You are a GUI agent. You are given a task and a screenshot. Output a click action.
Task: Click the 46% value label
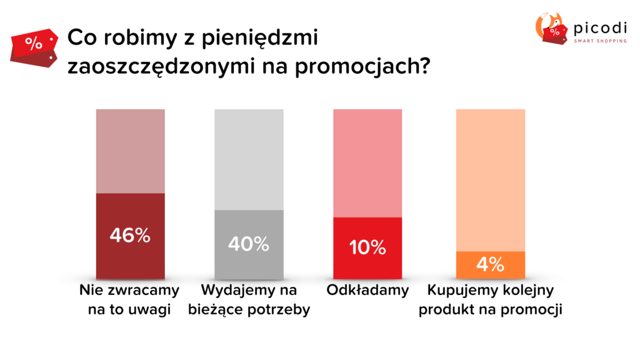pos(130,236)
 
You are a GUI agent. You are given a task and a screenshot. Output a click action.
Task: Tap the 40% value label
pos(249,244)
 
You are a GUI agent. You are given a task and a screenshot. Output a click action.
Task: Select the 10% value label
pos(367,247)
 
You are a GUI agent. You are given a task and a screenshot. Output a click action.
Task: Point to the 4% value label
pos(490,264)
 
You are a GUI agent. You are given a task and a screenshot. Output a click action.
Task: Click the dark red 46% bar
pos(130,262)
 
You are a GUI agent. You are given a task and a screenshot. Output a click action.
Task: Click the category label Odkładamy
pos(367,290)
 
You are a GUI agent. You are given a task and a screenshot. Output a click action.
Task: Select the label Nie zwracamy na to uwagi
pos(129,300)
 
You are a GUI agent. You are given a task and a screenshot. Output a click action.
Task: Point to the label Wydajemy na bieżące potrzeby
pos(249,300)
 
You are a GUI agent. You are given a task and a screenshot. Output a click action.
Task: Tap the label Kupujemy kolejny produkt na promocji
pos(490,300)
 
